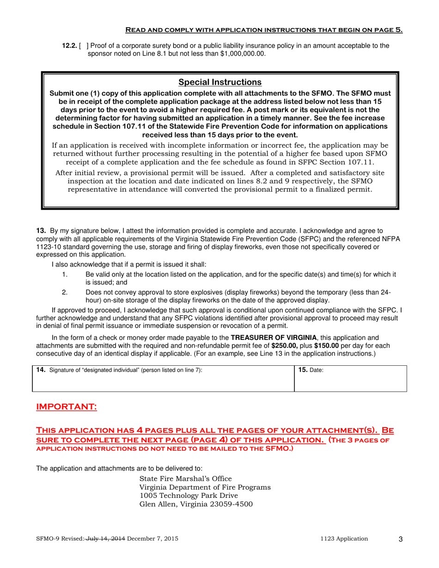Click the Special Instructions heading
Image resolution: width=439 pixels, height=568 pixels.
(220, 82)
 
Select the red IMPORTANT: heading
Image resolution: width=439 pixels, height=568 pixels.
(67, 407)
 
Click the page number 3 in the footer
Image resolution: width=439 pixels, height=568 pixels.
(400, 539)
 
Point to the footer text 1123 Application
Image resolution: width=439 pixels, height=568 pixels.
(344, 539)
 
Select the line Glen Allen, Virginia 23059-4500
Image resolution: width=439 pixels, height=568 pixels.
(196, 504)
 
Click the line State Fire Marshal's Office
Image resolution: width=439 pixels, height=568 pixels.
(185, 478)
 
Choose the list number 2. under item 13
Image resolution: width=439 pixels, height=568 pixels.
(65, 292)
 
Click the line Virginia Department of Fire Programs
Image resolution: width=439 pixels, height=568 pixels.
(205, 487)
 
